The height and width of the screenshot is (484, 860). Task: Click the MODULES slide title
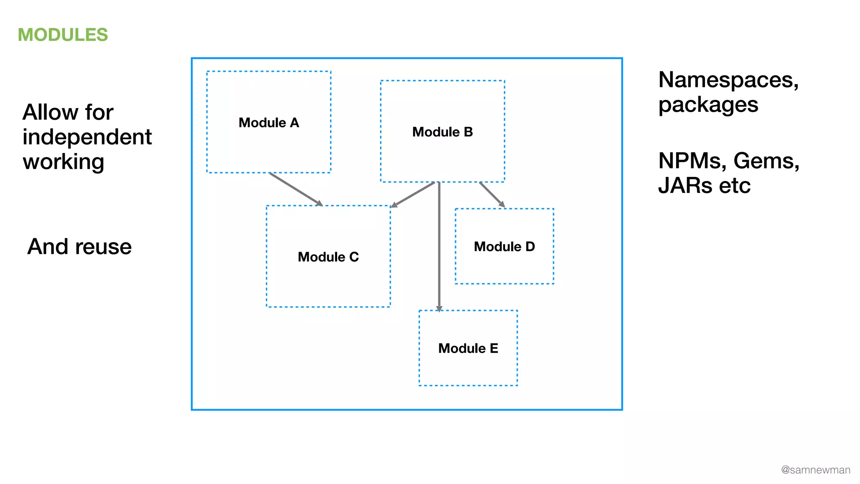coord(63,35)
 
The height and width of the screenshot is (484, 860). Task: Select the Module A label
coord(269,123)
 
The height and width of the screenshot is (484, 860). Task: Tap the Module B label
coord(443,132)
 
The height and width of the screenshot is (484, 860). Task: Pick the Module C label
coord(328,257)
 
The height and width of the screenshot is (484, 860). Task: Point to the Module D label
coord(504,247)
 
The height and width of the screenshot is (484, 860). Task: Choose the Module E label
coord(468,348)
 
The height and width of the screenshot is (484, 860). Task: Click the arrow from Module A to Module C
coord(296,189)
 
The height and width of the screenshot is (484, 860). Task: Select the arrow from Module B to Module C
coord(413,195)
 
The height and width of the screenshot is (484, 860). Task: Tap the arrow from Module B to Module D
coord(492,194)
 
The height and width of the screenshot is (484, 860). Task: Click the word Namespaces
coord(728,80)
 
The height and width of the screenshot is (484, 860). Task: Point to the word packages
coord(708,105)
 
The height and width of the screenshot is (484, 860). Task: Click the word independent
coord(87,137)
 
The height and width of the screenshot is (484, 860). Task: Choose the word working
coord(63,162)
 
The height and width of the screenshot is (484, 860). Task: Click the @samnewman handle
coord(815,470)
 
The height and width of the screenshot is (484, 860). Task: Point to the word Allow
coord(50,112)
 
